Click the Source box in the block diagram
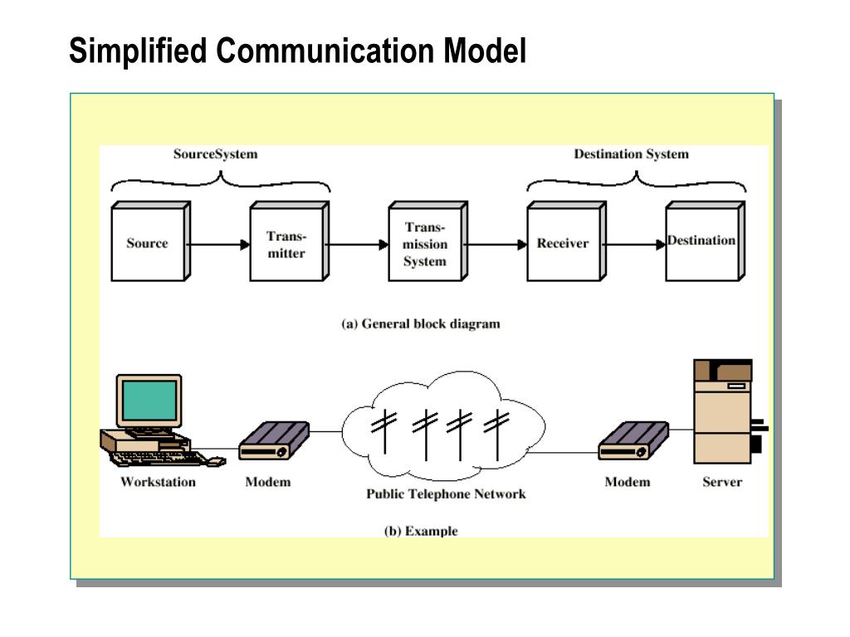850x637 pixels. [x=151, y=241]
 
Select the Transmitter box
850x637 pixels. [x=290, y=241]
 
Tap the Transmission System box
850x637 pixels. [x=428, y=241]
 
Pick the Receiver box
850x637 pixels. [x=566, y=241]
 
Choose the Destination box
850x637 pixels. [x=706, y=241]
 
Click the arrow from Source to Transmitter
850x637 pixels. [x=218, y=245]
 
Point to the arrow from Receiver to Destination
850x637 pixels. [x=634, y=245]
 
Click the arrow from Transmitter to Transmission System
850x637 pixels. [x=357, y=245]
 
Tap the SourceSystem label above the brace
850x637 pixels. [x=215, y=154]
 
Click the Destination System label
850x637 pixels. [x=631, y=154]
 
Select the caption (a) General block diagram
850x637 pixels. [x=421, y=324]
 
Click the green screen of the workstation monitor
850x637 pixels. [x=149, y=401]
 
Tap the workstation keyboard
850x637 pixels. [x=163, y=459]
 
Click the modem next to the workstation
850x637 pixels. [x=274, y=440]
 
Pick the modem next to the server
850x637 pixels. [x=633, y=440]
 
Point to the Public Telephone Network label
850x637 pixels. [x=446, y=494]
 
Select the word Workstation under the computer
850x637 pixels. [x=158, y=482]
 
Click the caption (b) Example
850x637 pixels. [x=421, y=531]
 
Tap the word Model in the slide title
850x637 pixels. [x=485, y=51]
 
